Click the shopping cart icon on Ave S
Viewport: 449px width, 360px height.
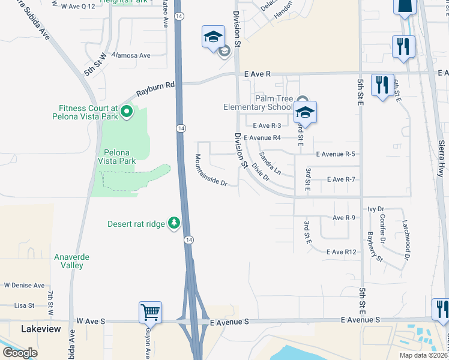150,312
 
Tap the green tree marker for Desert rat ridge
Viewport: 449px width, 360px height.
174,223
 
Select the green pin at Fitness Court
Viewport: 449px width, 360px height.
127,111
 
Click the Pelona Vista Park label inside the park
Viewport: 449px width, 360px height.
118,157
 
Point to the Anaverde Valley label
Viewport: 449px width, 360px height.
72,261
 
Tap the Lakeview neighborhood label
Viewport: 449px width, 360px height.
41,329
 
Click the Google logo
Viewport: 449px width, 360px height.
20,353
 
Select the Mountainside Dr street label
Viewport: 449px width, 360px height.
211,170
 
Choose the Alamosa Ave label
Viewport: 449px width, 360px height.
136,55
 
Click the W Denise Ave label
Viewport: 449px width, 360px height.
24,286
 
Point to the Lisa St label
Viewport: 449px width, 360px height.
25,305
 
